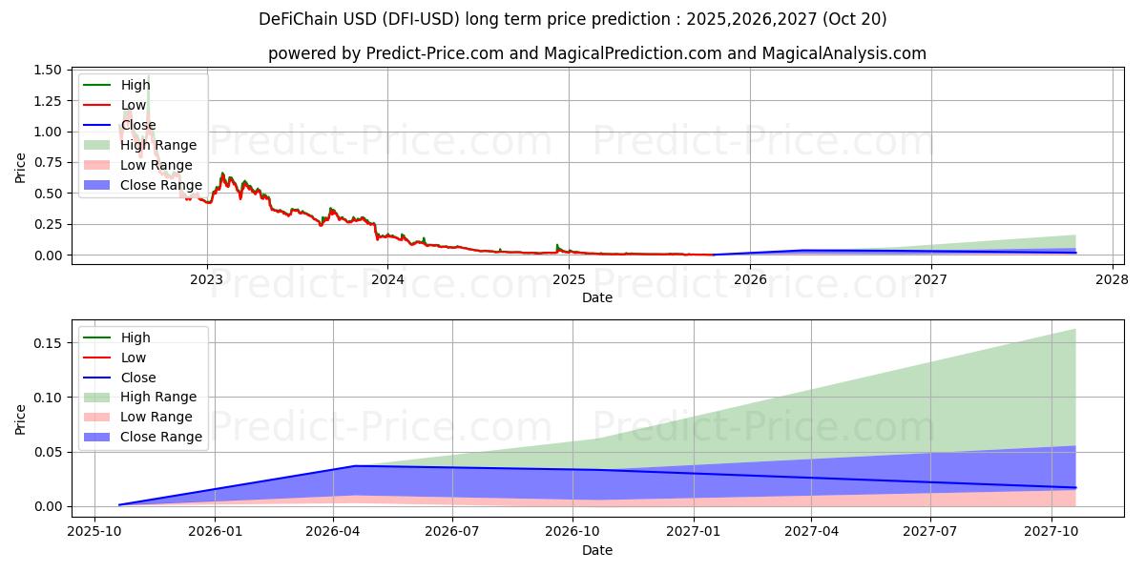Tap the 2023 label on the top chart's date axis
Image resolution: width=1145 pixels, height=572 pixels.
click(x=206, y=279)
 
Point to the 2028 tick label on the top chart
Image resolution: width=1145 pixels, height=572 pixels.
click(x=1112, y=279)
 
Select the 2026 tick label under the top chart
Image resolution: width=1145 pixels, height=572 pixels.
click(x=750, y=279)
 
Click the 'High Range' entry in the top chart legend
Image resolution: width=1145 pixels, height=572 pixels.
click(x=158, y=145)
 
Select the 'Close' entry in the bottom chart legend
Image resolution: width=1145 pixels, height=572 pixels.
click(x=138, y=378)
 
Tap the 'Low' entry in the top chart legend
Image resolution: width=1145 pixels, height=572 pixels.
click(x=134, y=105)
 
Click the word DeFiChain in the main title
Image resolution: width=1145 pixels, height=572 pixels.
click(x=297, y=19)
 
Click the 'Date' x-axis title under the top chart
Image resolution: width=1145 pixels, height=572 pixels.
click(x=597, y=297)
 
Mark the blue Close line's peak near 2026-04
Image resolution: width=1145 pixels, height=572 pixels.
click(x=355, y=466)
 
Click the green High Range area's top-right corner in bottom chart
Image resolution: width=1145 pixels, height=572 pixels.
click(x=1075, y=330)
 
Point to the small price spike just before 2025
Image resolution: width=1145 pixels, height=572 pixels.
click(x=557, y=246)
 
